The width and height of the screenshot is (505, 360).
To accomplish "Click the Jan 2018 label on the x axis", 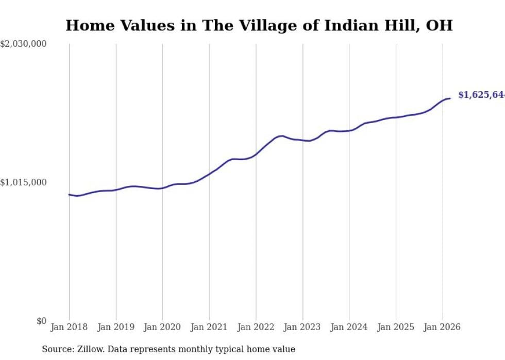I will pyautogui.click(x=69, y=327).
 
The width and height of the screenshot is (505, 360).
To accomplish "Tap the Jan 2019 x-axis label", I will pyautogui.click(x=116, y=327).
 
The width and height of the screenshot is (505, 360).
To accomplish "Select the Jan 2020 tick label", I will pyautogui.click(x=162, y=327).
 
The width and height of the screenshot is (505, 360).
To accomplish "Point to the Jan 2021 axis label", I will pyautogui.click(x=209, y=327).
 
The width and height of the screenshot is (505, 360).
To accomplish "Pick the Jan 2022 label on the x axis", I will pyautogui.click(x=256, y=327).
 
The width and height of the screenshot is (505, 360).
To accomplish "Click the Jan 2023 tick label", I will pyautogui.click(x=302, y=327).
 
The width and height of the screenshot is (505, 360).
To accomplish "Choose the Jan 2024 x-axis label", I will pyautogui.click(x=349, y=327).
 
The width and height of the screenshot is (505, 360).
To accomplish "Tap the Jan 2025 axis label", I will pyautogui.click(x=396, y=327).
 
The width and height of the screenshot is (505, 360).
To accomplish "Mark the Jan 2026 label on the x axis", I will pyautogui.click(x=443, y=327).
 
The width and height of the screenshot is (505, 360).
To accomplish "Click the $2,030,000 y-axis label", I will pyautogui.click(x=24, y=44).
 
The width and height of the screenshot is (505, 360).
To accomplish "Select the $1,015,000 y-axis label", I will pyautogui.click(x=24, y=182).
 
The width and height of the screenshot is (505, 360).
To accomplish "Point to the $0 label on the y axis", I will pyautogui.click(x=41, y=321).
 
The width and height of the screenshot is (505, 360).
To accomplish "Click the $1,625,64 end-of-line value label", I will pyautogui.click(x=481, y=95).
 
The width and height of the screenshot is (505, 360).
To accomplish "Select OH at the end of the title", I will pyautogui.click(x=441, y=26).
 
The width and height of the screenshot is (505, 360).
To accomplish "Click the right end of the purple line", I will pyautogui.click(x=450, y=98).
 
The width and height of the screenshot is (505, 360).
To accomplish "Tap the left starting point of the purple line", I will pyautogui.click(x=69, y=195).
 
